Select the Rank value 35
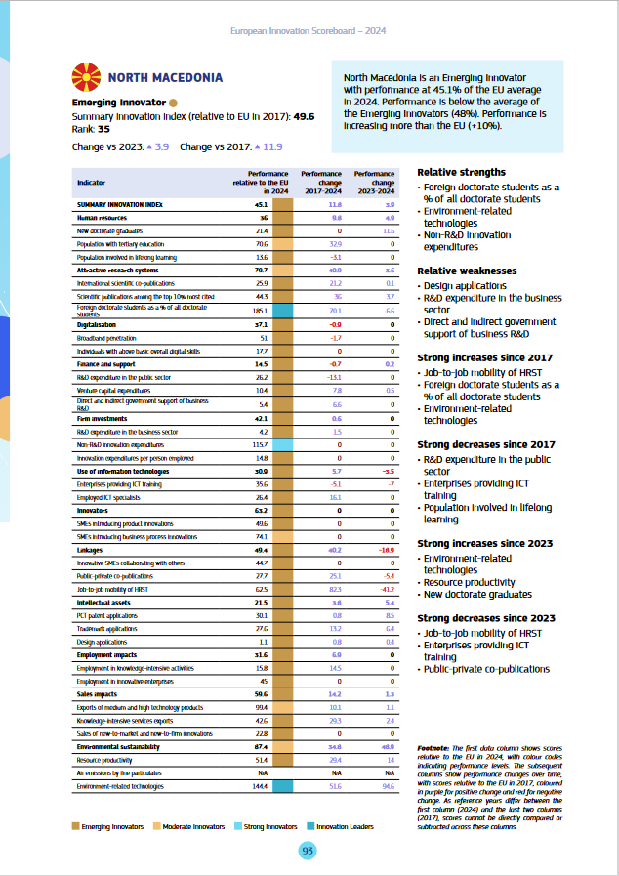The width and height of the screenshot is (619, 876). click(x=103, y=128)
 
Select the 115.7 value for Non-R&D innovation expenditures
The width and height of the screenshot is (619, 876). click(x=261, y=444)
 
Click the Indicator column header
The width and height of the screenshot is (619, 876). click(x=92, y=182)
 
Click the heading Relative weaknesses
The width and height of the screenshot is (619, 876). click(x=467, y=271)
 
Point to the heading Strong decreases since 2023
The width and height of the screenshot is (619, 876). click(x=486, y=618)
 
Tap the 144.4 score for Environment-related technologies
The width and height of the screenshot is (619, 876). click(x=261, y=784)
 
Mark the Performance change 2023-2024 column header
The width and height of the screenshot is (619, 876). click(x=375, y=182)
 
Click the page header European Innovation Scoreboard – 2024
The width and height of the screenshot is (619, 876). click(x=309, y=31)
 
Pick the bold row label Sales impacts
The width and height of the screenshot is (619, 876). click(x=98, y=693)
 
